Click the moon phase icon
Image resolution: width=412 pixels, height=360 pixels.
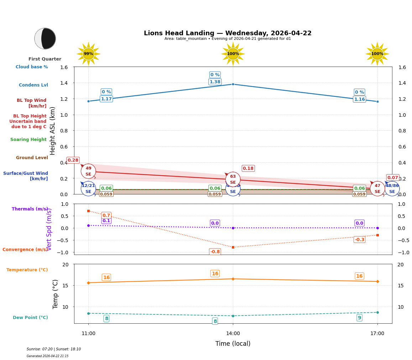(45, 38)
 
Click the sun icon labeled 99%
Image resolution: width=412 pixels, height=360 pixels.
(88, 54)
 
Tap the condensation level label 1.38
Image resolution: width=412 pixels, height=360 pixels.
(215, 82)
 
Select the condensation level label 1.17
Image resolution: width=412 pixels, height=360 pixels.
(106, 99)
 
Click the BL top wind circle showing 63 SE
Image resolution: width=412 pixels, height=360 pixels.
(233, 179)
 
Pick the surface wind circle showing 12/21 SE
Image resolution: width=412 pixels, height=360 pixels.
(88, 188)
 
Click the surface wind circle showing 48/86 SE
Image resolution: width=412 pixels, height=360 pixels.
(392, 188)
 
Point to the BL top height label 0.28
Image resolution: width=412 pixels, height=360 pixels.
(73, 160)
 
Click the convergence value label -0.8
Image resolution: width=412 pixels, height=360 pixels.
(215, 252)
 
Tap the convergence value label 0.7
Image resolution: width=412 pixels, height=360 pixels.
(106, 215)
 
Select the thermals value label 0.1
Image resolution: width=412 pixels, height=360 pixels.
(106, 221)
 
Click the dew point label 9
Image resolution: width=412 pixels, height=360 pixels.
(359, 318)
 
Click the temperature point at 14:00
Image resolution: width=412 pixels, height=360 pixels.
(233, 279)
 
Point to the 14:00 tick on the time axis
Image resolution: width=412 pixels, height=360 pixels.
(233, 334)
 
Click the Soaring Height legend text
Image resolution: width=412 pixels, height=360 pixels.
(28, 140)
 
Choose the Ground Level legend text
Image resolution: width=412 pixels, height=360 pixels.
(32, 158)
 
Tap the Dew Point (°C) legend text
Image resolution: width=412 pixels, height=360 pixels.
(30, 318)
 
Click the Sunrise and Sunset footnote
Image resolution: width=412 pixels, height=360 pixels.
(54, 349)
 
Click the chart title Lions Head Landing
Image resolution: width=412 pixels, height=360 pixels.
(228, 33)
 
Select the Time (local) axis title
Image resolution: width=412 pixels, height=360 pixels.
(233, 344)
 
